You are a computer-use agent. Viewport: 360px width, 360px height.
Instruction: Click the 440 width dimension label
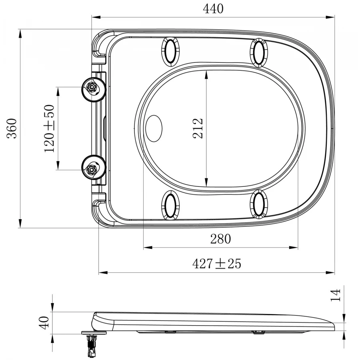coord(213,9)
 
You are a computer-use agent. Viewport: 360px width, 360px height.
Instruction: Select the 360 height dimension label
coord(12,128)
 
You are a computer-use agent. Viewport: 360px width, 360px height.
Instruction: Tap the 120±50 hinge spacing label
coord(49,128)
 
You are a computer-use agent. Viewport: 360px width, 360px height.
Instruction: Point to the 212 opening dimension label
coord(198,128)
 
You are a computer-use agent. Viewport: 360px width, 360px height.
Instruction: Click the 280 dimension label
coord(220,239)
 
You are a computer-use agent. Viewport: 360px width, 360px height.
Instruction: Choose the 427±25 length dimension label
coord(217,263)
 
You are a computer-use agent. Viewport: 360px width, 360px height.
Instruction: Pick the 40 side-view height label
coord(44,323)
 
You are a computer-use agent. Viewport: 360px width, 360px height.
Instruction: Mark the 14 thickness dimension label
coord(335,295)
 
